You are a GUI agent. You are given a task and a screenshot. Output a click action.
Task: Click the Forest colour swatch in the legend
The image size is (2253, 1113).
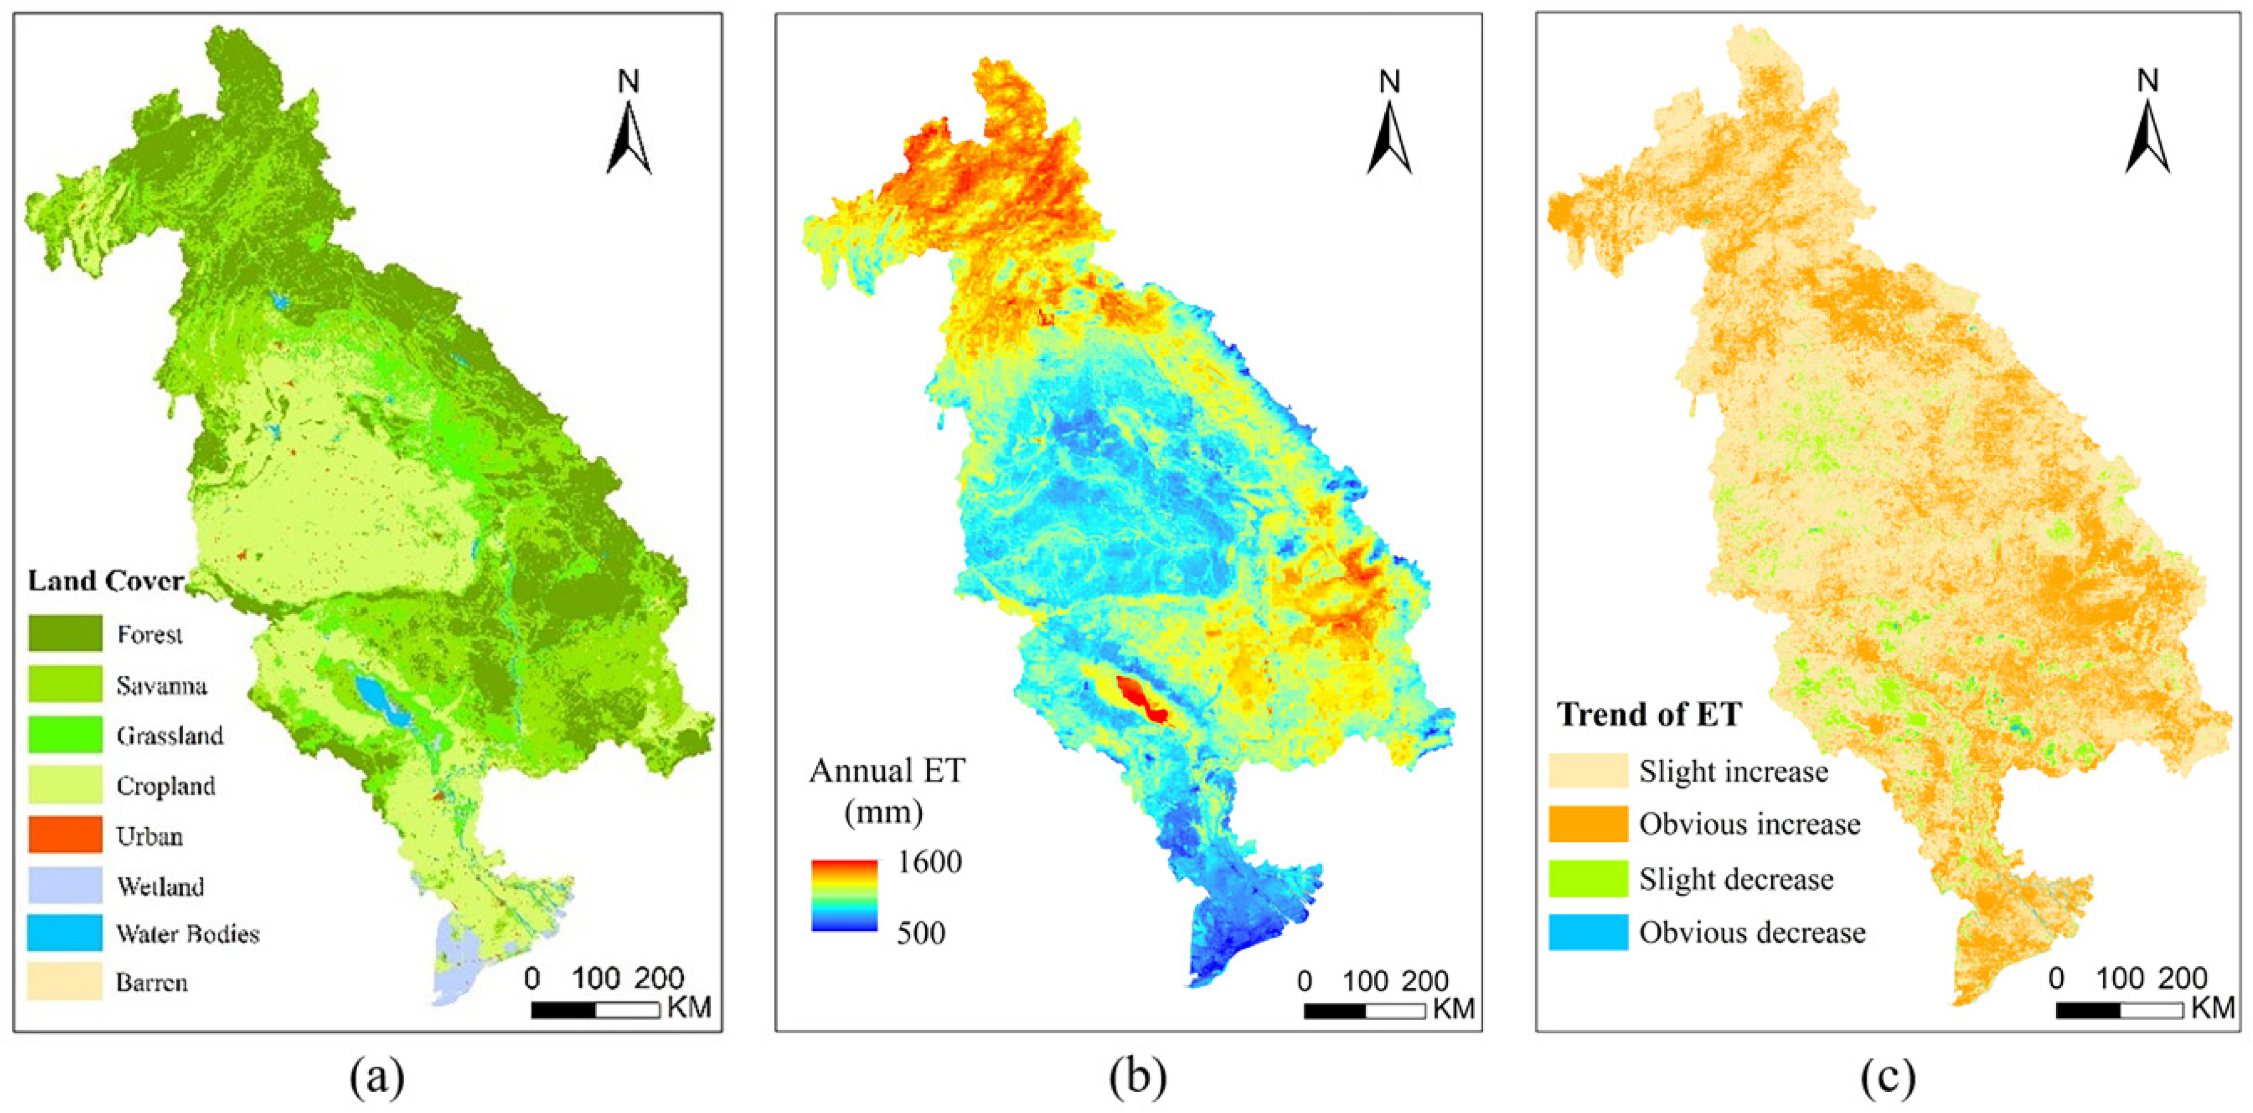(65, 633)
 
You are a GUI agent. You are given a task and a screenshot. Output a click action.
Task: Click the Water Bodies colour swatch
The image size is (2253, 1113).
(65, 933)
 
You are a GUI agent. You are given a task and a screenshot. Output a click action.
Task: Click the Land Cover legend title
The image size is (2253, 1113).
(106, 581)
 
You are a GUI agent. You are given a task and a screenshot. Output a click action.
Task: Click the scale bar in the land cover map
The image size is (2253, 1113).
(596, 1010)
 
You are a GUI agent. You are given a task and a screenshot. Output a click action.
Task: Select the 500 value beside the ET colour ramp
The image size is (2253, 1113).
(921, 933)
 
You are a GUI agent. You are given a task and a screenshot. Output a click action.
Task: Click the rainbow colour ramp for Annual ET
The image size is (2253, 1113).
(844, 895)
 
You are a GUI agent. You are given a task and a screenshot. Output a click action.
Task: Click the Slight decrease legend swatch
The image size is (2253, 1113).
(1588, 878)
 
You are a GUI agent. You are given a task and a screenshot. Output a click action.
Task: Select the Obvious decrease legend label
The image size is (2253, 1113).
(1752, 933)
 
